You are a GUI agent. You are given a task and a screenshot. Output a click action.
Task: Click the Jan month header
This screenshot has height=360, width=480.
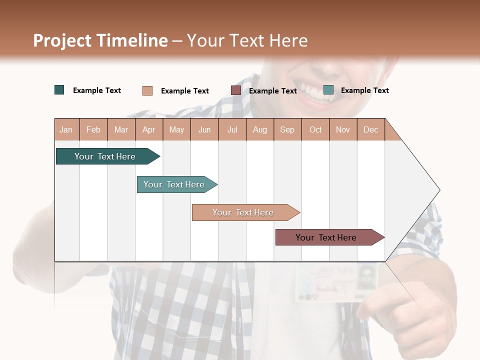pos(66,129)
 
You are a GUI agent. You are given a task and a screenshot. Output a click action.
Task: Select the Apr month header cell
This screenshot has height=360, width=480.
pos(149,129)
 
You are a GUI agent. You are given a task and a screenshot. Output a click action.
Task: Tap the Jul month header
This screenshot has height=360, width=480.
pos(232,129)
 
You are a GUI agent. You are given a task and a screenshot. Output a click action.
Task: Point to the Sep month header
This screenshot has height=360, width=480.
pos(287,129)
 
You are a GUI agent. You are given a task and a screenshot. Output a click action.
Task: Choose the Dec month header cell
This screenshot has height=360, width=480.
pos(370,129)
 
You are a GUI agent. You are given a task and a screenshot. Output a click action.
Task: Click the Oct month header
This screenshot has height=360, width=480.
pos(315,129)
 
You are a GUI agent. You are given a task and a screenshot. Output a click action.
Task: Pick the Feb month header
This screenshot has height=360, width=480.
pos(93,129)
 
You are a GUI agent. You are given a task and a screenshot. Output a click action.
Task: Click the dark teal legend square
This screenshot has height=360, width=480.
pos(59,90)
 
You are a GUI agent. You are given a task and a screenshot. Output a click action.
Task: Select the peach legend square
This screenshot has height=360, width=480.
pos(147,90)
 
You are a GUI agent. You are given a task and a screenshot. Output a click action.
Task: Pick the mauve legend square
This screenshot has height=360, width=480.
pos(236,90)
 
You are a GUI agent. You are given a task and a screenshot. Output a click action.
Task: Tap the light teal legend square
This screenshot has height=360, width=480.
pos(328,90)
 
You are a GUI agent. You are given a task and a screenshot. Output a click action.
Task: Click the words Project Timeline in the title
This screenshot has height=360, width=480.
pos(100,40)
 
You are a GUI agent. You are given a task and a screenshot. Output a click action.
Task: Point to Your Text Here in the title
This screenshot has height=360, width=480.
pos(247,40)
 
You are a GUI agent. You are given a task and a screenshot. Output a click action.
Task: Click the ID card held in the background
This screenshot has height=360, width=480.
pos(336,283)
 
